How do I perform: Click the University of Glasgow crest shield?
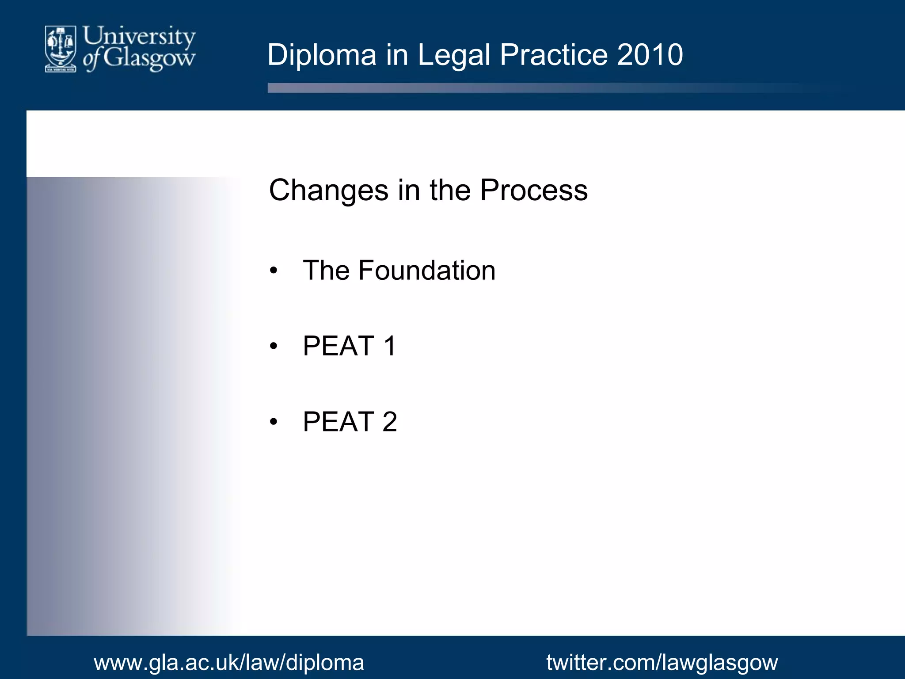click(61, 48)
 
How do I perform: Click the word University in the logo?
click(139, 37)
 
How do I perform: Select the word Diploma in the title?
click(322, 55)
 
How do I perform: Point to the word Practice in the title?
click(554, 55)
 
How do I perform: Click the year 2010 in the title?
click(650, 55)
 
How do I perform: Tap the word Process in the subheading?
click(534, 191)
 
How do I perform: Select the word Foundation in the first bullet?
click(427, 271)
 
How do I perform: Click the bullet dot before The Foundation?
click(274, 271)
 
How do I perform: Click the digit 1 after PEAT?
click(389, 346)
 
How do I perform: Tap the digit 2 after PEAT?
click(389, 422)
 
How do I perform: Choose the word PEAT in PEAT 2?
click(339, 422)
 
